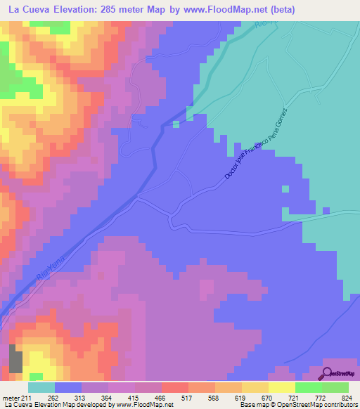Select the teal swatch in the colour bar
(x=41, y=387)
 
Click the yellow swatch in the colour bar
(x=282, y=387)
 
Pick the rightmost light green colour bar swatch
(x=335, y=387)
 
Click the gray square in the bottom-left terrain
(x=15, y=359)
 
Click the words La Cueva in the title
(x=28, y=9)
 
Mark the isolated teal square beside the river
(x=175, y=125)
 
